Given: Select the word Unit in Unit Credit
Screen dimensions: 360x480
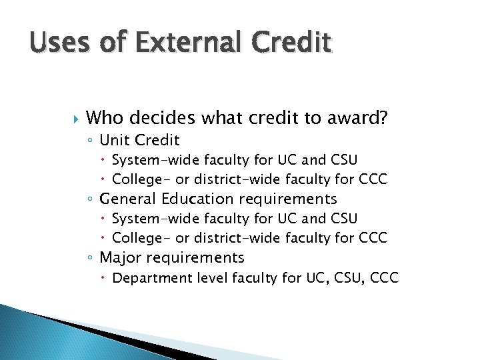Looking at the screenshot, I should pos(115,140).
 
